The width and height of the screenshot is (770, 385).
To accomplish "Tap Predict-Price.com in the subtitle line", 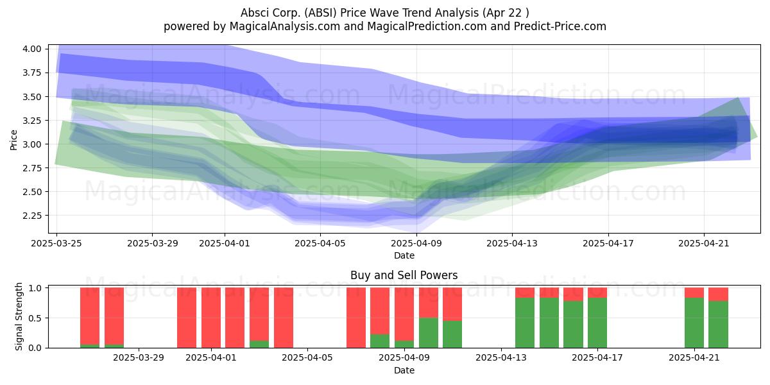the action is point(560,26).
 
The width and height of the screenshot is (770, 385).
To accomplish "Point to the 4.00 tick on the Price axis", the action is point(31,49).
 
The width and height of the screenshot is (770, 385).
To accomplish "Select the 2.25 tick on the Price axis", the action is point(31,216).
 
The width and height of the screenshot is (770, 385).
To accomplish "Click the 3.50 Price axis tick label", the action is point(31,97).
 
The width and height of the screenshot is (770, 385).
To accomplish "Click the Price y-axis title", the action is point(13,140).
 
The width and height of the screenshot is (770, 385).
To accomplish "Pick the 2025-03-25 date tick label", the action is point(56,243).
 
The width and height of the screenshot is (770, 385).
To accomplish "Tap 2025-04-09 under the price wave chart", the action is point(416,243).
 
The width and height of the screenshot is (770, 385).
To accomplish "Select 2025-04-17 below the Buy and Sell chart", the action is point(597,358).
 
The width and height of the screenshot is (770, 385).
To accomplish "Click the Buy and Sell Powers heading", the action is point(404,275).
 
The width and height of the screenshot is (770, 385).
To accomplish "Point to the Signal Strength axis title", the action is point(19,316).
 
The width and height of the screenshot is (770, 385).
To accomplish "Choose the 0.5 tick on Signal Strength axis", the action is point(35,318).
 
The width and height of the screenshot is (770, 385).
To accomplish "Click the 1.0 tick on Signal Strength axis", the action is point(35,288).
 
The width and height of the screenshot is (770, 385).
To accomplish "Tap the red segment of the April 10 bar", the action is point(429,303).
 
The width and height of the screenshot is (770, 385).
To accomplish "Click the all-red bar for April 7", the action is point(356,318).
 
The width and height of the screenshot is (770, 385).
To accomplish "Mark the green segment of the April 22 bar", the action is point(718,325).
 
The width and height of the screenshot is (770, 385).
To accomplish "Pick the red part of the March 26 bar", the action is point(90,316).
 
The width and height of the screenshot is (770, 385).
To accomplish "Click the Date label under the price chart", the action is point(404,256).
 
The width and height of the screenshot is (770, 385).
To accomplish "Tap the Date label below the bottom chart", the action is point(404,371).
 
